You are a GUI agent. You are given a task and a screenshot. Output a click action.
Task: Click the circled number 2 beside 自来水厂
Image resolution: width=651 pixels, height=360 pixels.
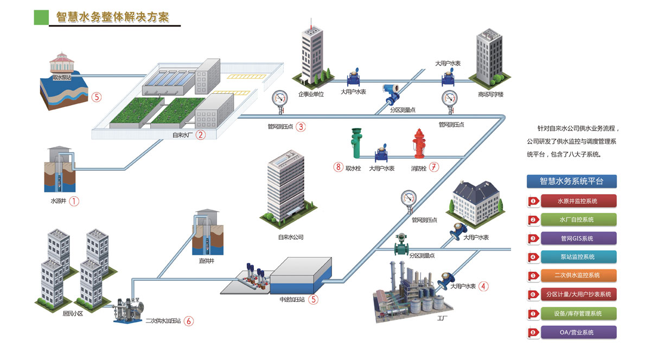point(201,134)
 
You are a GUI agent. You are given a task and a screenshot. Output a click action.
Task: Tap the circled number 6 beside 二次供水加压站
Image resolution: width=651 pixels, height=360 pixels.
point(189,320)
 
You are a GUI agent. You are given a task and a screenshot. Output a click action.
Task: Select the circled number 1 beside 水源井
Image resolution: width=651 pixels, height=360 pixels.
point(74,201)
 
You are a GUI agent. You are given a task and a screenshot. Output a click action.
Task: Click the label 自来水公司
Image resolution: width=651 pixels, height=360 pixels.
point(290,237)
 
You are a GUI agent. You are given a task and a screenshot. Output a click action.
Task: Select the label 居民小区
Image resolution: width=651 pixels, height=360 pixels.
point(60,313)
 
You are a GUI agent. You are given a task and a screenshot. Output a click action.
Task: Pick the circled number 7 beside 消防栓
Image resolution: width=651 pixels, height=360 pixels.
point(433,168)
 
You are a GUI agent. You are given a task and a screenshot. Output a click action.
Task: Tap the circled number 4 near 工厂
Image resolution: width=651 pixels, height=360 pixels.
point(483,286)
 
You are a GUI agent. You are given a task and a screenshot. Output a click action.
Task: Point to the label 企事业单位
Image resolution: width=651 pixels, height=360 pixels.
point(310,94)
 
